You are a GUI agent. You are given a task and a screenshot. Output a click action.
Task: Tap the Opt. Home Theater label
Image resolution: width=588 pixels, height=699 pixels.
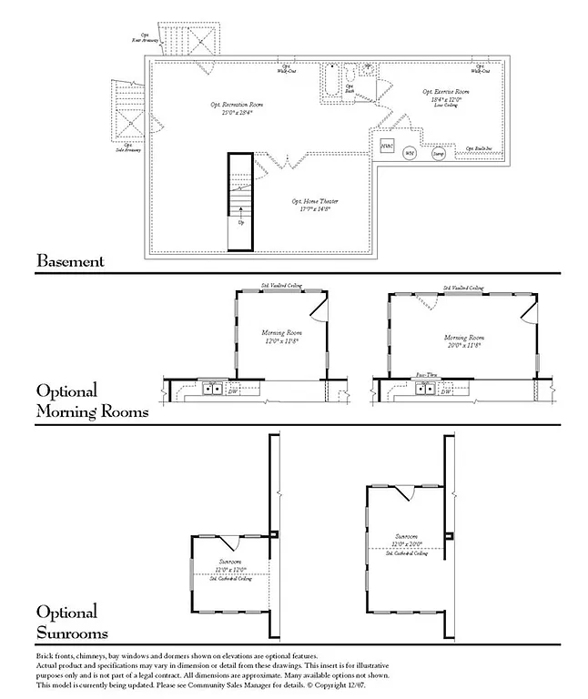pos(310,205)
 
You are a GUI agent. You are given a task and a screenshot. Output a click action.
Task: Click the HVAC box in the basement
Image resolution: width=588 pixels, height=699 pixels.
pos(387,146)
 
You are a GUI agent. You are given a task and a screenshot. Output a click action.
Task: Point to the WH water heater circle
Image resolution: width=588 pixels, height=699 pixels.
pos(411,154)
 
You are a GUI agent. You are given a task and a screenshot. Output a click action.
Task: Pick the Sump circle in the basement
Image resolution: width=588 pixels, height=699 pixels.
pos(439,155)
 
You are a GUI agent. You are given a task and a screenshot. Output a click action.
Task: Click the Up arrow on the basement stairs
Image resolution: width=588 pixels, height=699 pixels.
pos(240,221)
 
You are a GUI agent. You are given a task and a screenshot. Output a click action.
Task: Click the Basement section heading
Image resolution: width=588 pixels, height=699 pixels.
pos(70,261)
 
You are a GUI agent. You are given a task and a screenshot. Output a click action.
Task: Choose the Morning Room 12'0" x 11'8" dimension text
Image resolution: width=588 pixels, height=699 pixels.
pos(282,341)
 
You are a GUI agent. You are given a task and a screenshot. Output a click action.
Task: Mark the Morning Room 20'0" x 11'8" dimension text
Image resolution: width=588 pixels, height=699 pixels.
pos(464,345)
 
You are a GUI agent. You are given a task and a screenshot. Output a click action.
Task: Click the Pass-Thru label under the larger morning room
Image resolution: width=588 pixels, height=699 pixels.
pos(429,374)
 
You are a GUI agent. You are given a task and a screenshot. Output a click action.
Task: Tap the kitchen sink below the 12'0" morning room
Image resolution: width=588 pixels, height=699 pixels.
pos(212,389)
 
